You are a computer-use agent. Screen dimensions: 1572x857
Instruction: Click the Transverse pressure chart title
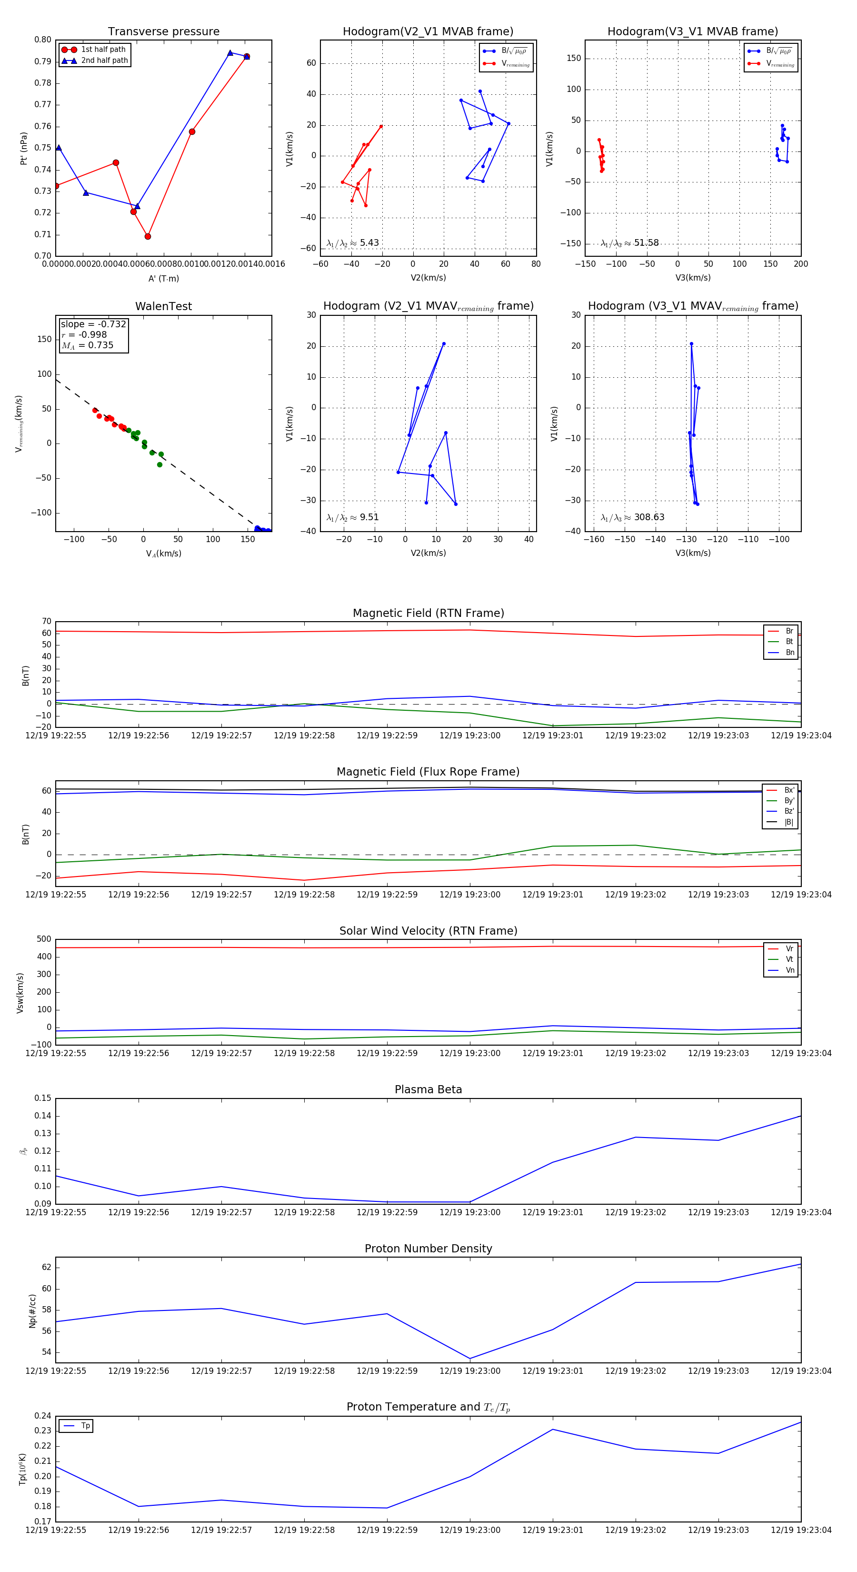[163, 32]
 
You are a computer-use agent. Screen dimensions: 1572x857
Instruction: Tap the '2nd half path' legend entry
[104, 60]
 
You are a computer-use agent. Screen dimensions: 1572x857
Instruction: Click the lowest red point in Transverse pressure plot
[148, 236]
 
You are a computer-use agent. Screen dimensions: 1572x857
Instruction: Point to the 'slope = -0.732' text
[93, 324]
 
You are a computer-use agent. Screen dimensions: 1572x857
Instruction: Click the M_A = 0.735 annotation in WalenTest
[87, 345]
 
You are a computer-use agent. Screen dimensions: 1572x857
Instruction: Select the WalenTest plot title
[163, 306]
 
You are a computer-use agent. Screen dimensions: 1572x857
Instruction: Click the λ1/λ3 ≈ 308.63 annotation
[633, 517]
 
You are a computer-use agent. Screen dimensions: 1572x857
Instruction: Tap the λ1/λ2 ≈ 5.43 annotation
[352, 243]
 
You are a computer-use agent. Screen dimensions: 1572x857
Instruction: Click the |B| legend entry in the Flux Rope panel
[788, 822]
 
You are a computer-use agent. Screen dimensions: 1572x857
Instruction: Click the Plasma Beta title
[428, 1090]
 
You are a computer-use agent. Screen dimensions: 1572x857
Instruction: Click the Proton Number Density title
[428, 1249]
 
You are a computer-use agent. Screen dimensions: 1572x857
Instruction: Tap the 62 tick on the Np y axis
[46, 1268]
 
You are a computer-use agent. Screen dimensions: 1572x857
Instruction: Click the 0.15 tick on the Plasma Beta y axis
[43, 1098]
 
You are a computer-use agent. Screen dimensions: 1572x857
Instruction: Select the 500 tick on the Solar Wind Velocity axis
[44, 939]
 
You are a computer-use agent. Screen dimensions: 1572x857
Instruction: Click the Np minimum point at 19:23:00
[469, 1359]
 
